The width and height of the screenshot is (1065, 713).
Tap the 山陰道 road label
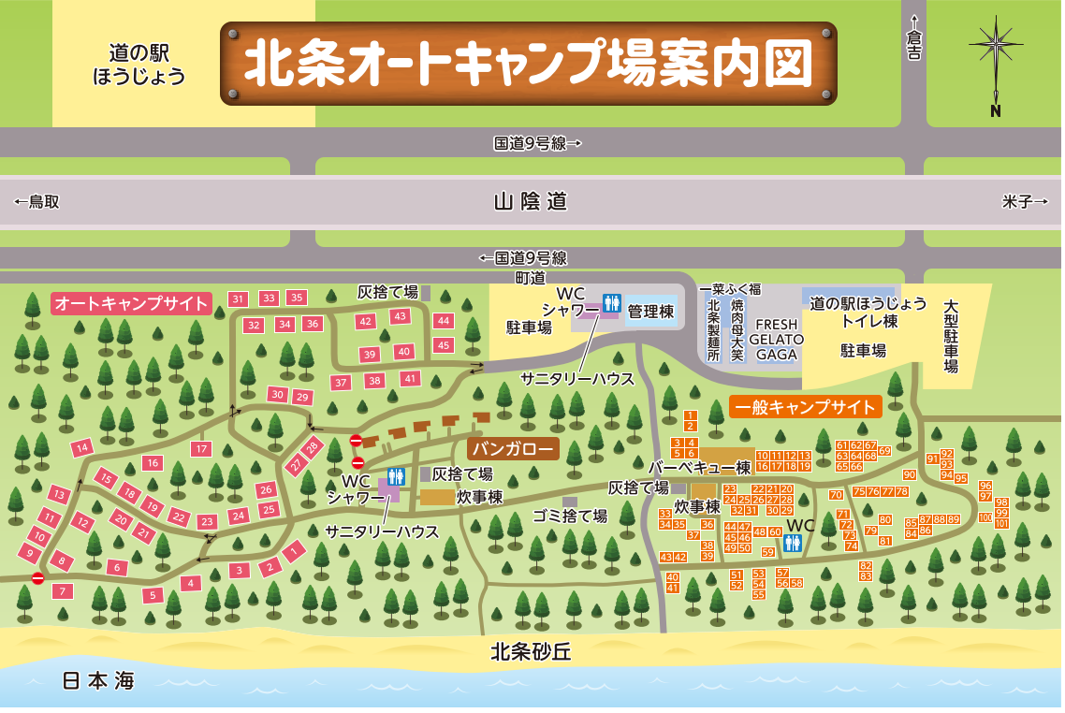(532, 201)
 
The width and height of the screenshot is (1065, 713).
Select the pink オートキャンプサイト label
(130, 303)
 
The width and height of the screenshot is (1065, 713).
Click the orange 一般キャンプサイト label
(806, 407)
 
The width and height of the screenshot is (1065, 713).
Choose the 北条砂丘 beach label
(531, 652)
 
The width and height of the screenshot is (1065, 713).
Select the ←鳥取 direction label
(37, 201)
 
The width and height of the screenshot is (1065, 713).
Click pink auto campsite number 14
(81, 448)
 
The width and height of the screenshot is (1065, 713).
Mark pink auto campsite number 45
(445, 344)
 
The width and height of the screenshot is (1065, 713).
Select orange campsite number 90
(910, 474)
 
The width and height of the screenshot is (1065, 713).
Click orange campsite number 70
(836, 494)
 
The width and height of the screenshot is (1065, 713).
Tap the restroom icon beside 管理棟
(611, 302)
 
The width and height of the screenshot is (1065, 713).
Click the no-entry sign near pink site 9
(37, 578)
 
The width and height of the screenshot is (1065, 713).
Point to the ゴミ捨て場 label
(569, 516)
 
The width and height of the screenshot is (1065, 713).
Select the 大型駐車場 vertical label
(951, 336)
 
